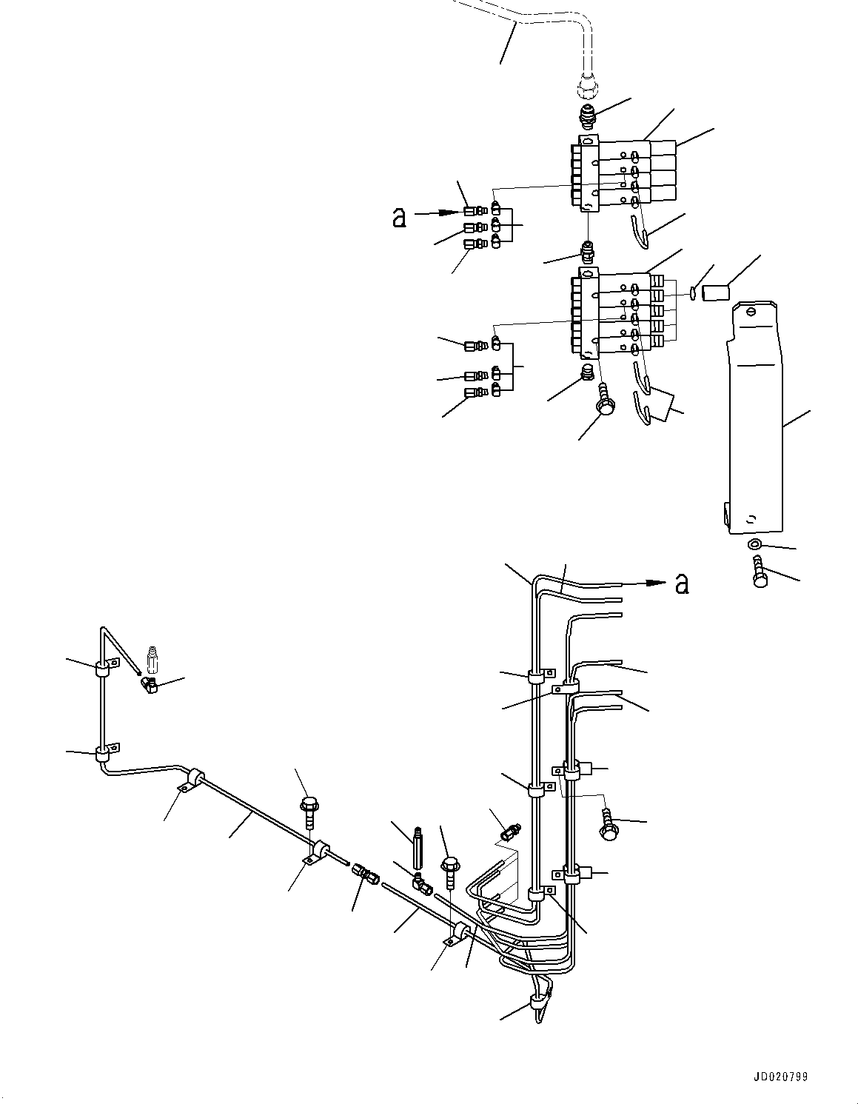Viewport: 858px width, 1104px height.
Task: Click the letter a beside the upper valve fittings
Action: pyautogui.click(x=400, y=216)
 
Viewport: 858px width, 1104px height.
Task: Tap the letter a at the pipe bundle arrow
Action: pyautogui.click(x=682, y=583)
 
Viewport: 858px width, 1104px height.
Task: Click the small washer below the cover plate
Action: pyautogui.click(x=754, y=545)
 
